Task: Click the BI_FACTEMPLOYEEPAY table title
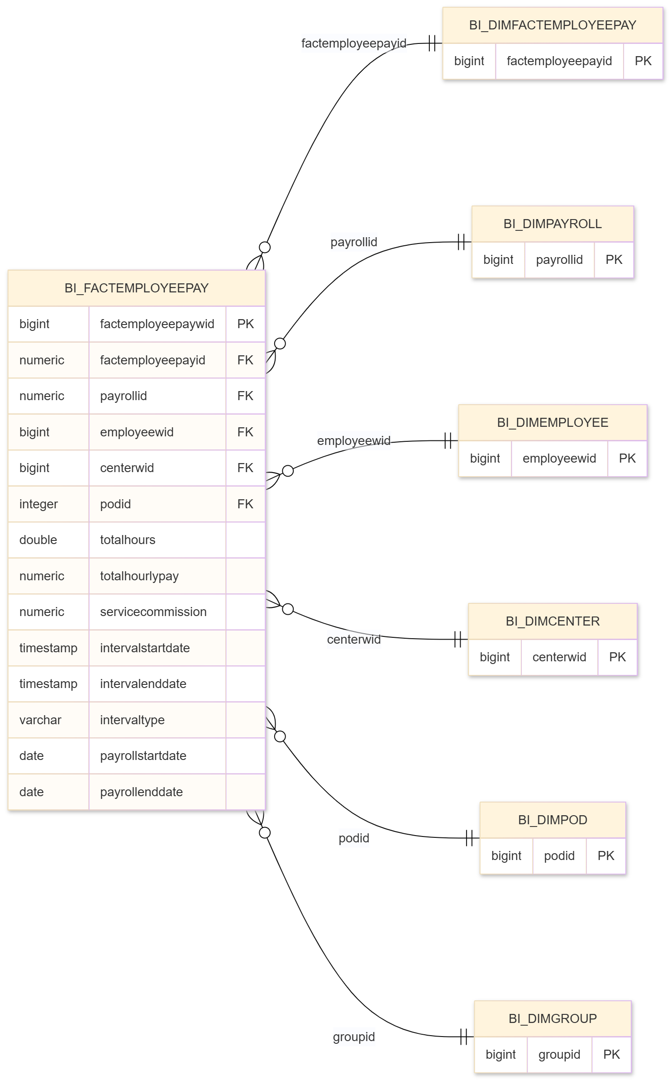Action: pos(136,288)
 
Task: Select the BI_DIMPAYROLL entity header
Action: pos(552,224)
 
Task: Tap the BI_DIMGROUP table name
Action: pos(552,1018)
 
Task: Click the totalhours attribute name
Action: pos(128,540)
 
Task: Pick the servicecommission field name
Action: pos(153,612)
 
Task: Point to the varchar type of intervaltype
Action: pos(40,720)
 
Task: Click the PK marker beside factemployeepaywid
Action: pos(245,324)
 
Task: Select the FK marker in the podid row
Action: pos(245,504)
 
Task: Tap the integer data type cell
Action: pos(38,504)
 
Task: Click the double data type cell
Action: pos(38,540)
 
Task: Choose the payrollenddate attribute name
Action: pos(141,792)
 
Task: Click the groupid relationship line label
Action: pos(354,1037)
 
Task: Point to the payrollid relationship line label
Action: pos(354,242)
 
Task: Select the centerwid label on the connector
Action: pos(354,640)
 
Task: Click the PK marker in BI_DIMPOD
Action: pos(605,855)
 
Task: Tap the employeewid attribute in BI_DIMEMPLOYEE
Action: pos(559,459)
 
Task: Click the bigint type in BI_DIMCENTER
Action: pos(495,657)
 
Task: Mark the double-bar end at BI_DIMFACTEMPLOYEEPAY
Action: pos(433,43)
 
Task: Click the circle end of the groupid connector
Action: pos(265,833)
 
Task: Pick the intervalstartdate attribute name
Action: pos(145,648)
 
